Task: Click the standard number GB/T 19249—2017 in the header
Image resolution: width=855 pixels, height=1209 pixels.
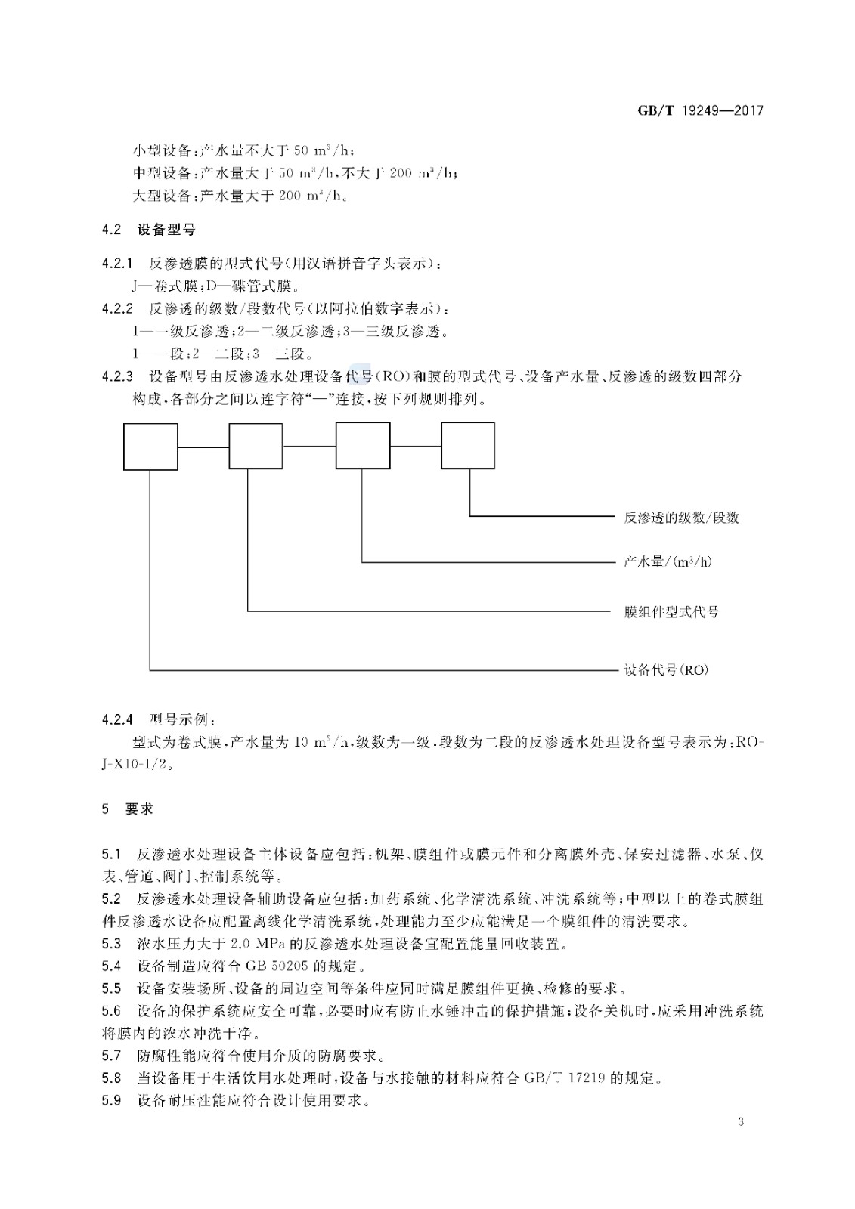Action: [701, 110]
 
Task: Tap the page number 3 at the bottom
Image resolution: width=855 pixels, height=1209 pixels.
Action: [741, 1121]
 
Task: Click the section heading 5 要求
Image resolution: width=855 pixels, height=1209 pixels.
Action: [128, 809]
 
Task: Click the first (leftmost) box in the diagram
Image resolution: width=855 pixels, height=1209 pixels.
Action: [151, 447]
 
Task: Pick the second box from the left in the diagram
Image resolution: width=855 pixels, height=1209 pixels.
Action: [256, 447]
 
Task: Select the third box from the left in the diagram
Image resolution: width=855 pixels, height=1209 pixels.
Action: [363, 447]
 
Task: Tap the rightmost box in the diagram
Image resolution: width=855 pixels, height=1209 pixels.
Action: [468, 447]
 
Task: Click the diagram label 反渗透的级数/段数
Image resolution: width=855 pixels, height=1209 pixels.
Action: [681, 518]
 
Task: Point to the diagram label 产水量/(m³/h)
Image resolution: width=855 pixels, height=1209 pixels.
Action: [668, 561]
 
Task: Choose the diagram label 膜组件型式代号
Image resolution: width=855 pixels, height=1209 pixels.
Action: [671, 611]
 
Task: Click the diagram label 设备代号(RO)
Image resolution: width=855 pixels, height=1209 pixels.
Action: [665, 670]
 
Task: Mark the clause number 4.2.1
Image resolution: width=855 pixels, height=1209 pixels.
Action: [117, 264]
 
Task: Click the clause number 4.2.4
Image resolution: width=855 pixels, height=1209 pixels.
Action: [117, 718]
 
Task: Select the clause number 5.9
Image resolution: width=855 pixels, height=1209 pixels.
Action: [111, 1100]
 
